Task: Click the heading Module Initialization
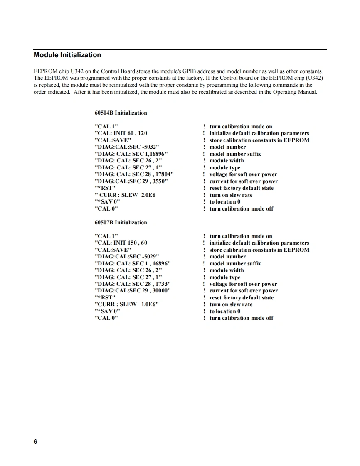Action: click(x=67, y=55)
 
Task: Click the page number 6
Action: click(x=35, y=441)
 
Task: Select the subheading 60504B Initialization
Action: click(x=121, y=113)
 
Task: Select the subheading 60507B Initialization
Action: click(x=121, y=223)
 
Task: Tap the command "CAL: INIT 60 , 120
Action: click(x=121, y=133)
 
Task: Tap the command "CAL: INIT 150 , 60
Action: click(x=121, y=243)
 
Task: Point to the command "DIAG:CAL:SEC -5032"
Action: click(x=127, y=147)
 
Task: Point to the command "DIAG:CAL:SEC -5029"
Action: click(x=127, y=257)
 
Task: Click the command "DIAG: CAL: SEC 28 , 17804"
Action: click(x=134, y=174)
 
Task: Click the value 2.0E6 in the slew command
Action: click(x=148, y=195)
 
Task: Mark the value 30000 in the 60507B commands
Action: click(x=160, y=291)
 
